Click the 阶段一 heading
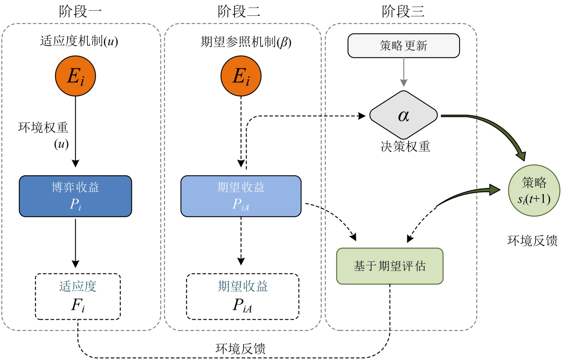(x=80, y=11)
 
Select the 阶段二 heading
(x=239, y=11)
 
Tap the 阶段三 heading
(x=403, y=11)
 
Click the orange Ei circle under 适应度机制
(x=76, y=76)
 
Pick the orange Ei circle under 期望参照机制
(x=241, y=76)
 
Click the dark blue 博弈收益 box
(x=76, y=196)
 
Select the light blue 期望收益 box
(x=241, y=196)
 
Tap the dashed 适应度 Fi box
(x=78, y=297)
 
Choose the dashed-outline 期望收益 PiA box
(x=242, y=297)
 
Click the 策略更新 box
(x=403, y=46)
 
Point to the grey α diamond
(x=403, y=115)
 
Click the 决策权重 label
(x=405, y=146)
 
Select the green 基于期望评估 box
(x=389, y=266)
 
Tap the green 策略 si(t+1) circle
(x=534, y=190)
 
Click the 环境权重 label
(x=43, y=128)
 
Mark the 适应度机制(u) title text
(x=79, y=41)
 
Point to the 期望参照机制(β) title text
(x=246, y=42)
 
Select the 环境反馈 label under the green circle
(x=533, y=241)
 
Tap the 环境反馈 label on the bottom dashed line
(x=241, y=348)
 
